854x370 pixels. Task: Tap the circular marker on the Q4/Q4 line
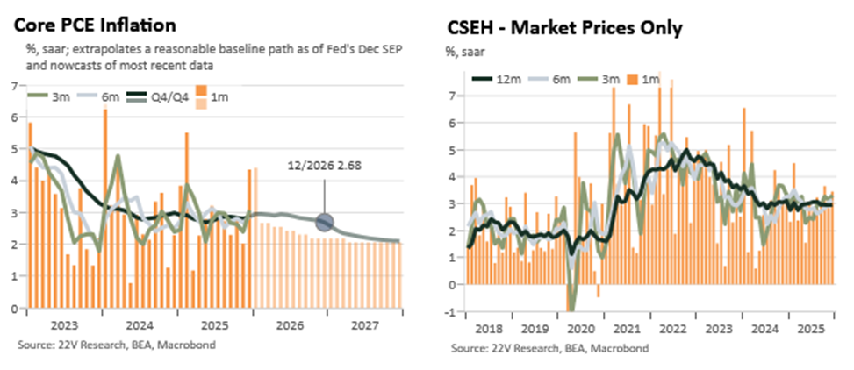point(324,222)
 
